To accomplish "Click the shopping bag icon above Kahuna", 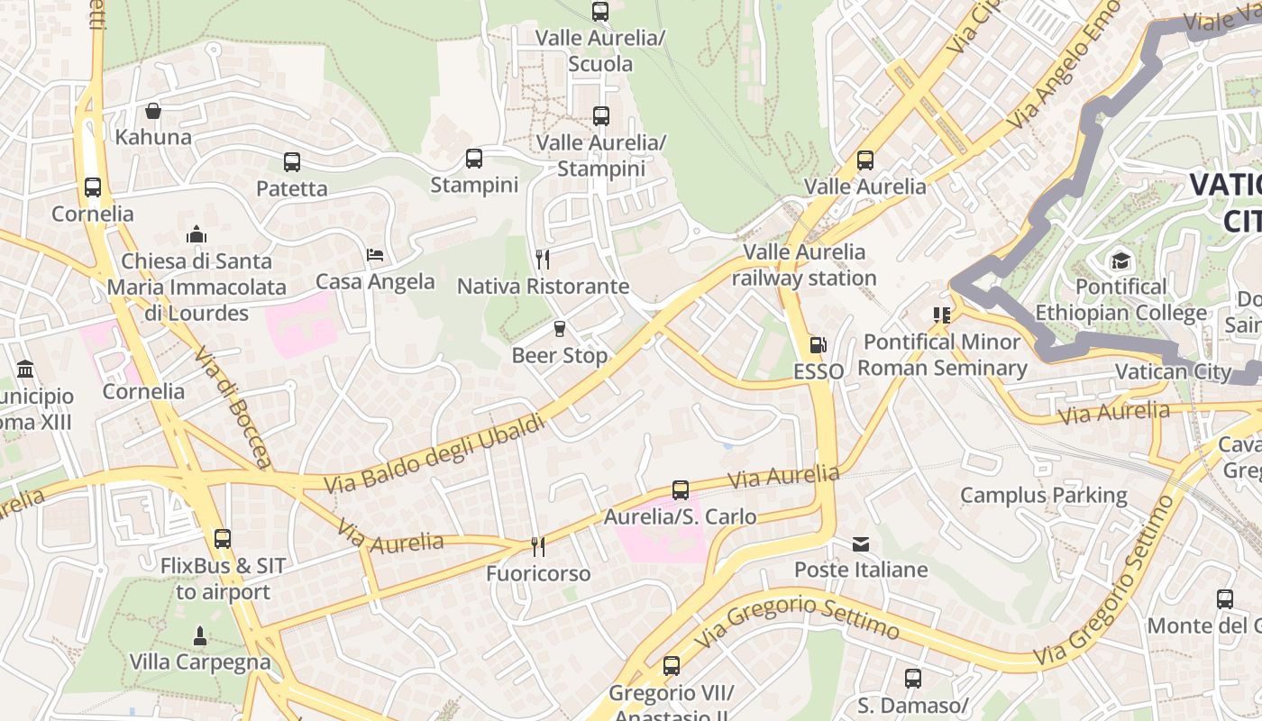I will (x=153, y=111).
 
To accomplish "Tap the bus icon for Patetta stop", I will (x=292, y=162).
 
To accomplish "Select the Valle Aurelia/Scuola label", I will (x=600, y=50).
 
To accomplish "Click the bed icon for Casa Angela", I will (x=375, y=255).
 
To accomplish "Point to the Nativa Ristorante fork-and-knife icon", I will (x=543, y=260).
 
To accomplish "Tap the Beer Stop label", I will (x=560, y=355).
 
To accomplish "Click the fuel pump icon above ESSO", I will (x=818, y=344).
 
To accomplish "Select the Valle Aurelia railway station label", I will (x=803, y=265).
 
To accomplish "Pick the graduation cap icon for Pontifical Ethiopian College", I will (x=1120, y=260).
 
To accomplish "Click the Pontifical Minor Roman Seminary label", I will (x=942, y=355).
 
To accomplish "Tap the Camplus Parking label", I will (x=1043, y=495).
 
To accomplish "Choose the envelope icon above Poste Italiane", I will (x=861, y=543).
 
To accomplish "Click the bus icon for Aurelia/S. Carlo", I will (x=681, y=490).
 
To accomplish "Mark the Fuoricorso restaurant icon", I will (x=538, y=546).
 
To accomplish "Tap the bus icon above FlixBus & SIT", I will (x=223, y=539).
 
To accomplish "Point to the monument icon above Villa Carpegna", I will (x=200, y=635).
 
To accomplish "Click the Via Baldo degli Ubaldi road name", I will (x=434, y=454).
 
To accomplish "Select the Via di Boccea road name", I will (x=233, y=408).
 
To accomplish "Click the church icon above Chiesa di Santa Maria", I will (x=197, y=235).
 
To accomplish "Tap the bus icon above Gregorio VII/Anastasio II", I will (x=672, y=666).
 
